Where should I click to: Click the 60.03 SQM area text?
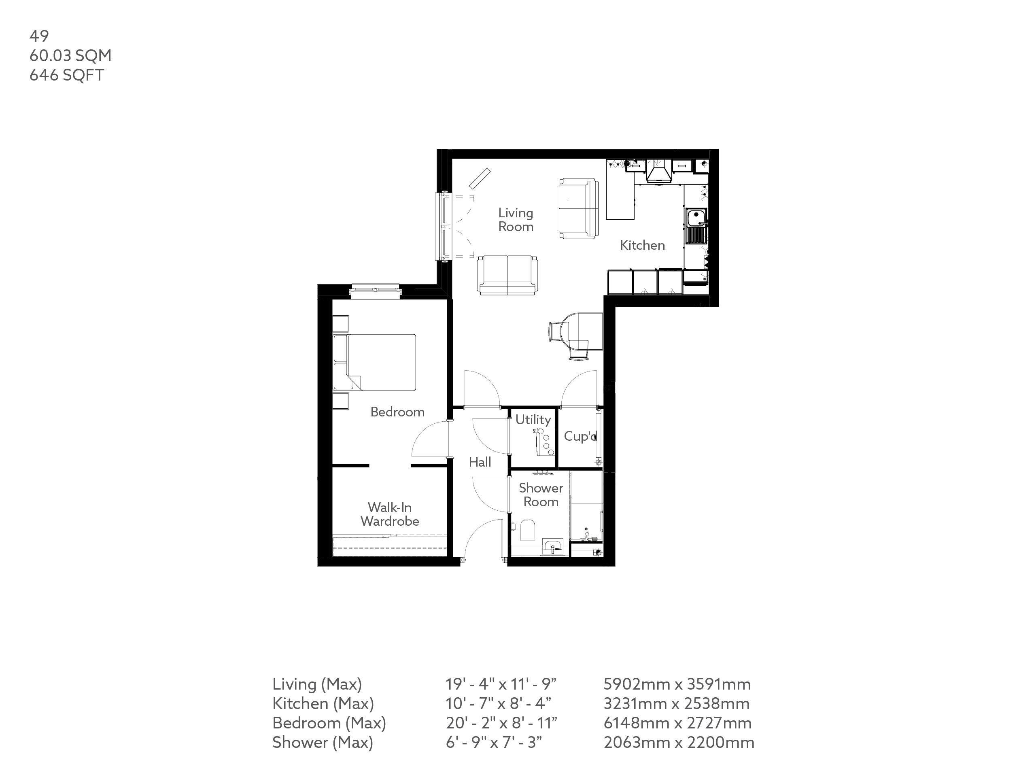point(70,56)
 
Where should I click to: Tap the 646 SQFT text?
point(66,75)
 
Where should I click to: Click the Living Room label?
point(516,220)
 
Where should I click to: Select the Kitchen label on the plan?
point(642,245)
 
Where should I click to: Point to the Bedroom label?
point(397,412)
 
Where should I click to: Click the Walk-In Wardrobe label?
point(390,514)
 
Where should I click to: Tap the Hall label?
point(480,462)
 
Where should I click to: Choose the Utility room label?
point(533,419)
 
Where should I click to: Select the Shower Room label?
point(541,495)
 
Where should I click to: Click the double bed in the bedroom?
point(375,362)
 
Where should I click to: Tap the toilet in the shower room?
point(528,530)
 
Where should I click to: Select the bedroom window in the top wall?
point(375,291)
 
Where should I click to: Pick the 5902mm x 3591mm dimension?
point(677,684)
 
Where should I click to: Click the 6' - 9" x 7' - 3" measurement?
point(494,742)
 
